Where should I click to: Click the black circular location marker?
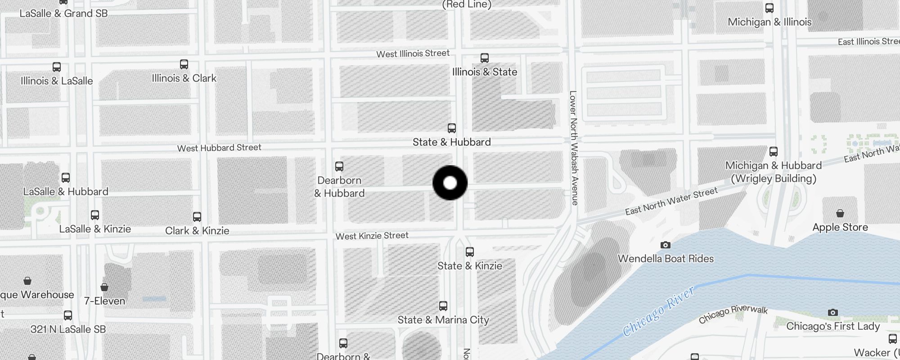pos(450,183)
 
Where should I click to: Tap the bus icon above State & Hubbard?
pos(452,128)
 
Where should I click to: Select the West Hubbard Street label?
pos(219,148)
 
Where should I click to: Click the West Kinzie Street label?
pos(372,236)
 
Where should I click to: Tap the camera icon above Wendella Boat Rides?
pos(666,245)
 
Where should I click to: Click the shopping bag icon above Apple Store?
pos(840,213)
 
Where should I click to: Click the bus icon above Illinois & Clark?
pos(184,64)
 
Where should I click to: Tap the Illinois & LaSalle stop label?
pos(57,81)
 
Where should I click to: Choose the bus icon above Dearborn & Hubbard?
pos(339,166)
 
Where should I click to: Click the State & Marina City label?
pos(443,320)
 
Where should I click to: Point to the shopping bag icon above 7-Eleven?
pos(104,287)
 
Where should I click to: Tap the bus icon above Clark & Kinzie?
pos(197,217)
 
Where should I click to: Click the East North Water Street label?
pos(671,201)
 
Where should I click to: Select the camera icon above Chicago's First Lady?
pos(833,313)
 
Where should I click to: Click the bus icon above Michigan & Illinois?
pos(769,8)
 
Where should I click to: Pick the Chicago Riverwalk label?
pos(733,314)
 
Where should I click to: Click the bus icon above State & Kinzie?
pos(470,252)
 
